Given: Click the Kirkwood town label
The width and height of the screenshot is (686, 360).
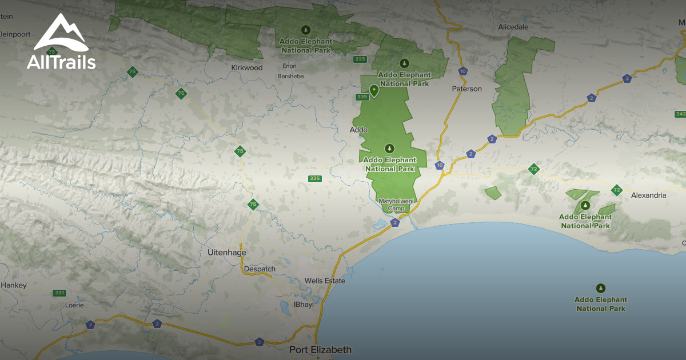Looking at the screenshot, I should (247, 68).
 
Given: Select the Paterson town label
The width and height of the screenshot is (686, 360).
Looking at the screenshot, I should (467, 89).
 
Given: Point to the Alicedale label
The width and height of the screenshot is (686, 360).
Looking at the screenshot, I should (513, 27).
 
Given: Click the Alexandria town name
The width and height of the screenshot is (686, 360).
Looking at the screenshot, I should (648, 195).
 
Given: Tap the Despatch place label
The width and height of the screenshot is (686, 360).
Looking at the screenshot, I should (260, 269).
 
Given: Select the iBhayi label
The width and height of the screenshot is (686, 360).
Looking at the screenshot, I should (304, 305).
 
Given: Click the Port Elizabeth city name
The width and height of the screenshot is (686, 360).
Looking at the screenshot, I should (320, 349).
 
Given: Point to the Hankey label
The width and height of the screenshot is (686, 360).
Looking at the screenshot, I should (14, 285).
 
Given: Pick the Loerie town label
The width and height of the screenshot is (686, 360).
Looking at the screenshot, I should (74, 306).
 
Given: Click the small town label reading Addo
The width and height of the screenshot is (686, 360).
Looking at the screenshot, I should (358, 130).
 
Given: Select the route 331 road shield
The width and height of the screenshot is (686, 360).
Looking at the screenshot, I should (59, 293).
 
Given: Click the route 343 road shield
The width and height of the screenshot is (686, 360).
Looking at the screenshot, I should (680, 114).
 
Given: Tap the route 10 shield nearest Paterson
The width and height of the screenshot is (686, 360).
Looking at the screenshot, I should (462, 71).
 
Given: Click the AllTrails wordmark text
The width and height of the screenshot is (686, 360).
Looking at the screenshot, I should (61, 62).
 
